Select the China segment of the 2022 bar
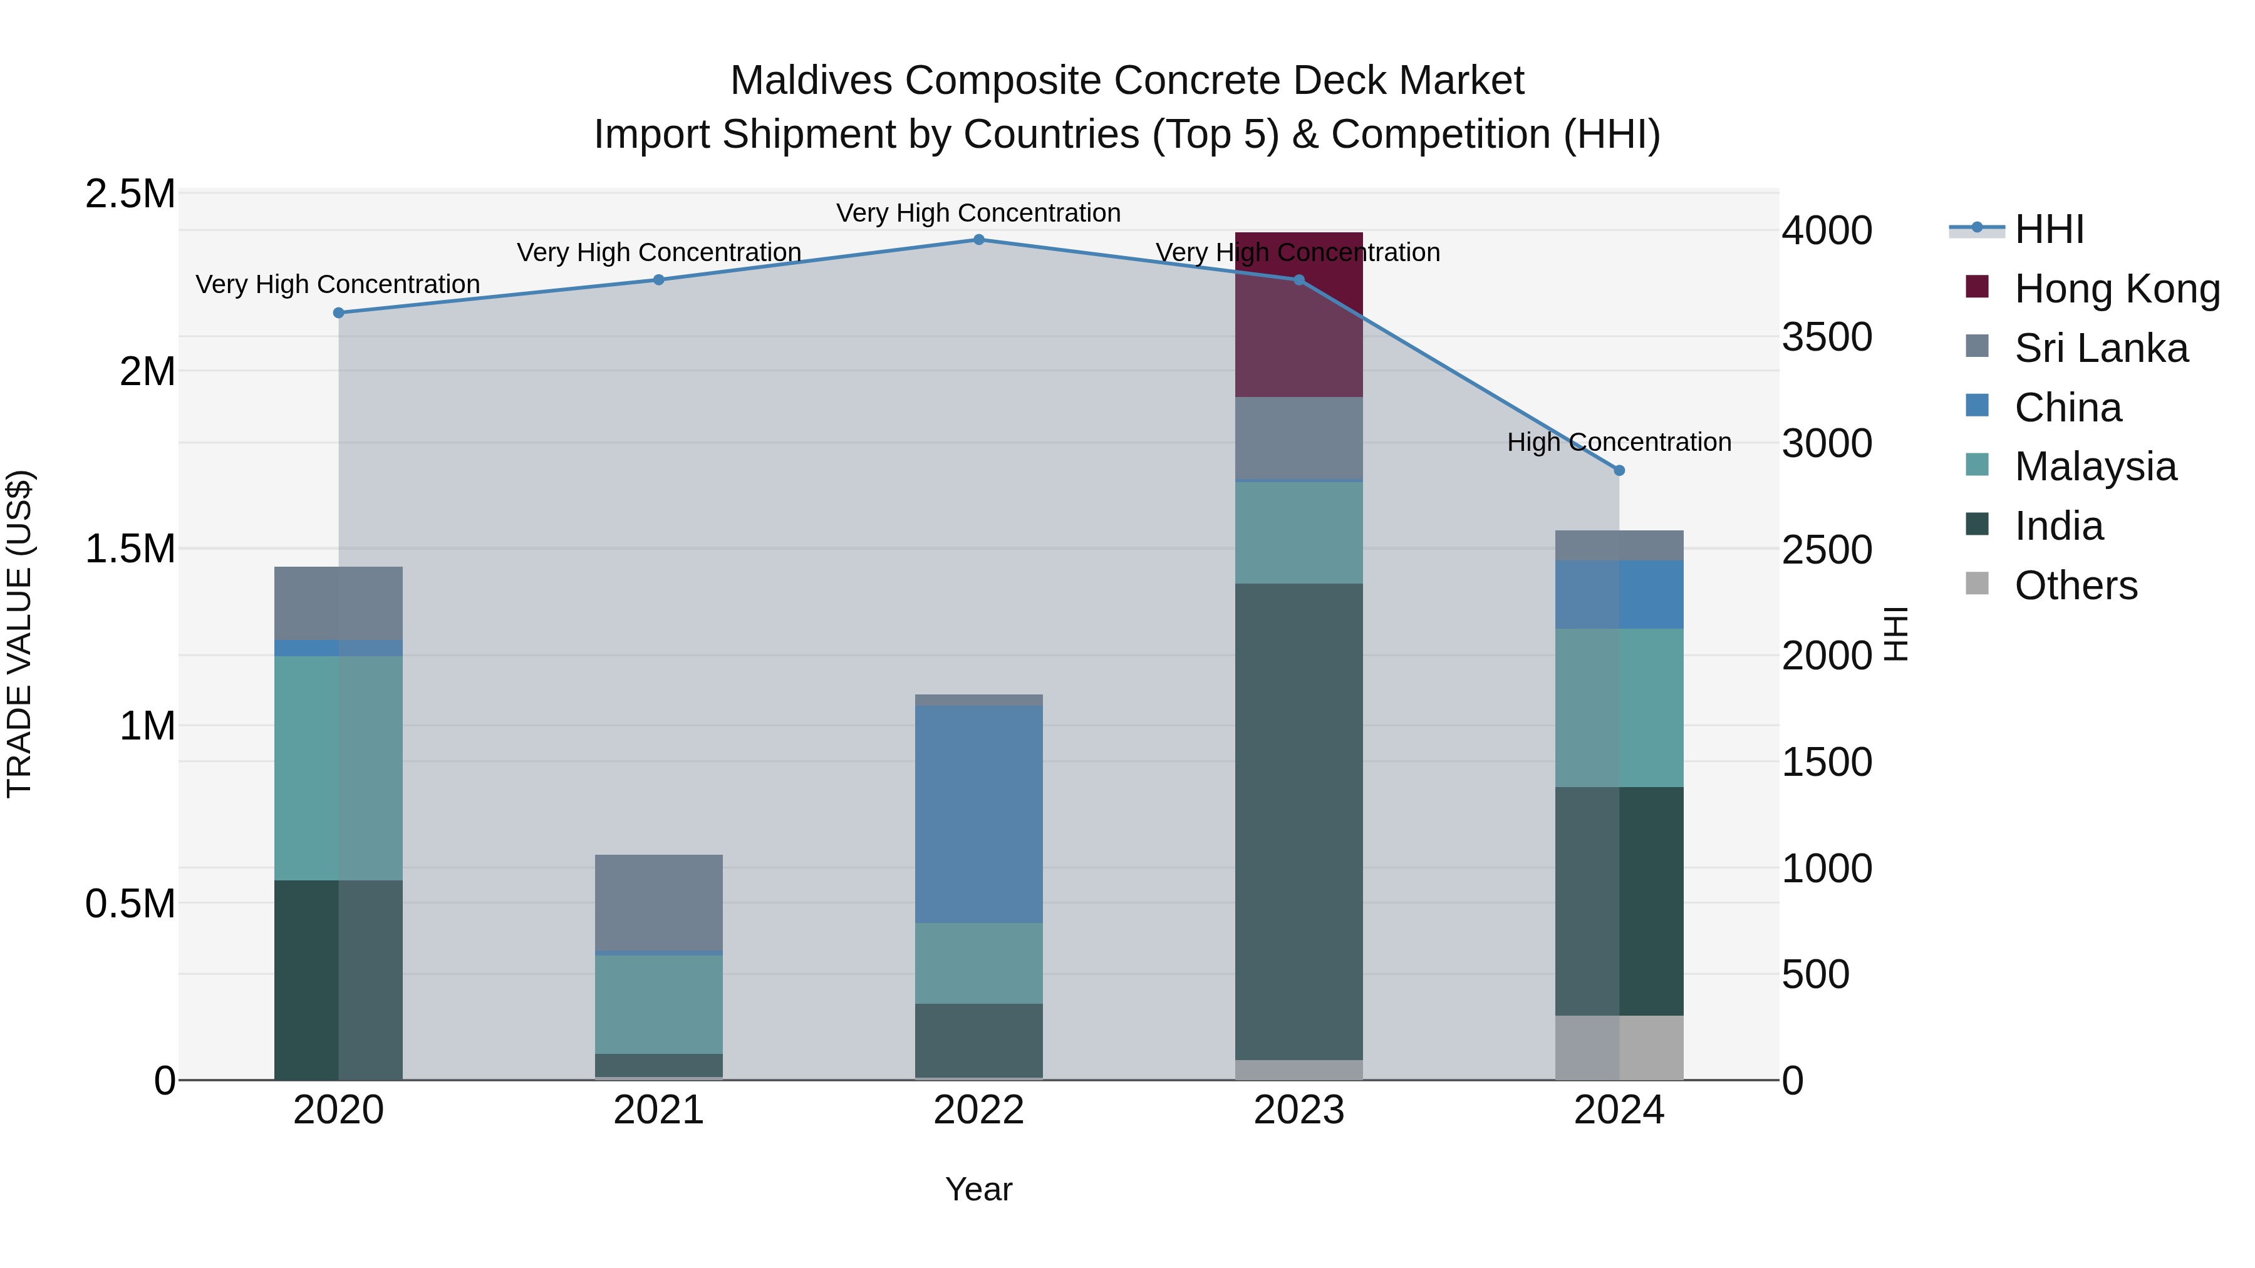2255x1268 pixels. pyautogui.click(x=978, y=814)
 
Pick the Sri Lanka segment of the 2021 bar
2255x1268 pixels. pyautogui.click(x=658, y=901)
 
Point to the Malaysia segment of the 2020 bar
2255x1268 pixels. pyautogui.click(x=338, y=768)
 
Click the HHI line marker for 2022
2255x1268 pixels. pyautogui.click(x=978, y=240)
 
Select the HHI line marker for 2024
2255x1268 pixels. pyautogui.click(x=1619, y=471)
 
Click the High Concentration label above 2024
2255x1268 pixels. pyautogui.click(x=1619, y=443)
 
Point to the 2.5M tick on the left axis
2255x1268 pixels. pyautogui.click(x=130, y=194)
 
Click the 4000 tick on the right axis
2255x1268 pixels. pyautogui.click(x=1827, y=231)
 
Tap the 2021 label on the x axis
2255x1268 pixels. pyautogui.click(x=658, y=1110)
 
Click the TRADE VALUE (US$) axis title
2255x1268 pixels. pyautogui.click(x=19, y=634)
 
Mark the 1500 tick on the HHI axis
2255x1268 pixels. pyautogui.click(x=1827, y=762)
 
